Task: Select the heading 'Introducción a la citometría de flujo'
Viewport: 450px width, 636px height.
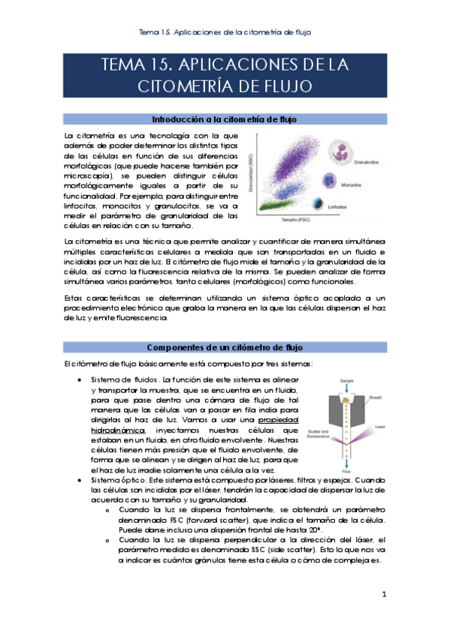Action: [224, 119]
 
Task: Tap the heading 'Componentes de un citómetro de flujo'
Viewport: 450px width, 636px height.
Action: [224, 347]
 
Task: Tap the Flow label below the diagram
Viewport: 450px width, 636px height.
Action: [346, 473]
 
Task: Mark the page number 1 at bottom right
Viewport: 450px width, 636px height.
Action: [384, 595]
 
